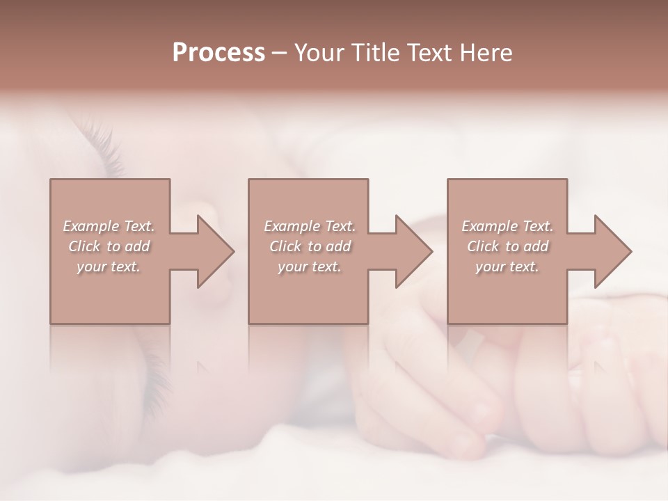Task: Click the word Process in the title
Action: tap(218, 53)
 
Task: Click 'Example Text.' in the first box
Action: tap(109, 226)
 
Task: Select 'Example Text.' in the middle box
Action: tap(310, 226)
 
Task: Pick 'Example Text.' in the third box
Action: tap(507, 226)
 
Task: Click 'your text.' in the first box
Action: tap(109, 267)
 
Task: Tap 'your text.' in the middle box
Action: tap(310, 267)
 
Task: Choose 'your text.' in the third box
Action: tap(507, 267)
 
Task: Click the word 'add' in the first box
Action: tap(137, 246)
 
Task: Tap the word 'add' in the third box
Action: tap(536, 246)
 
